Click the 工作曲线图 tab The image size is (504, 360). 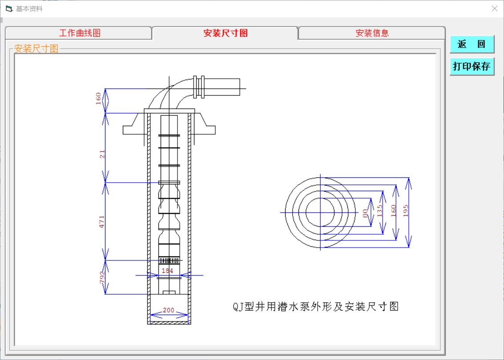click(80, 33)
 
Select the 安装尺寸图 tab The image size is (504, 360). click(226, 33)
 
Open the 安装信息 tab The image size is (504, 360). click(372, 33)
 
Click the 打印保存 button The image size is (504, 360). click(472, 67)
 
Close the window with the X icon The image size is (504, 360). click(494, 8)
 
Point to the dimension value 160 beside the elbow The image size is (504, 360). click(99, 99)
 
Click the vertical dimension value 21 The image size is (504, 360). click(102, 154)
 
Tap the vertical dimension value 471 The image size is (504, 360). click(102, 221)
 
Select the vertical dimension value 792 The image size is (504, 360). click(102, 277)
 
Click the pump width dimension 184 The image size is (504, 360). click(167, 271)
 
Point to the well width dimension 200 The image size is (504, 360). click(169, 310)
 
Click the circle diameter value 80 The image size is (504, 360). click(366, 213)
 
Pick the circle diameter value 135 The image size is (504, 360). click(379, 211)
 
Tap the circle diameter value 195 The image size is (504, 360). click(406, 211)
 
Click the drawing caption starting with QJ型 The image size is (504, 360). click(316, 306)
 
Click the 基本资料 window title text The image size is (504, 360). click(29, 9)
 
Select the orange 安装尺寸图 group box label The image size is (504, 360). click(36, 49)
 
